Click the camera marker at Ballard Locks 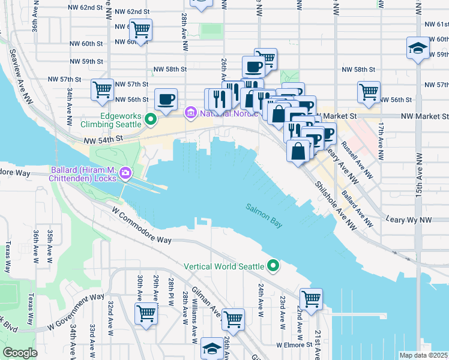(x=125, y=174)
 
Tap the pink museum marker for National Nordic (x=191, y=112)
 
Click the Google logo (x=20, y=353)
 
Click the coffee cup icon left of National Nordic (x=166, y=98)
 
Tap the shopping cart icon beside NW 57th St (x=103, y=90)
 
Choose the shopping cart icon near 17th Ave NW (x=369, y=92)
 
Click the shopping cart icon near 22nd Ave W (x=311, y=298)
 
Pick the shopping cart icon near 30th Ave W (x=146, y=313)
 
